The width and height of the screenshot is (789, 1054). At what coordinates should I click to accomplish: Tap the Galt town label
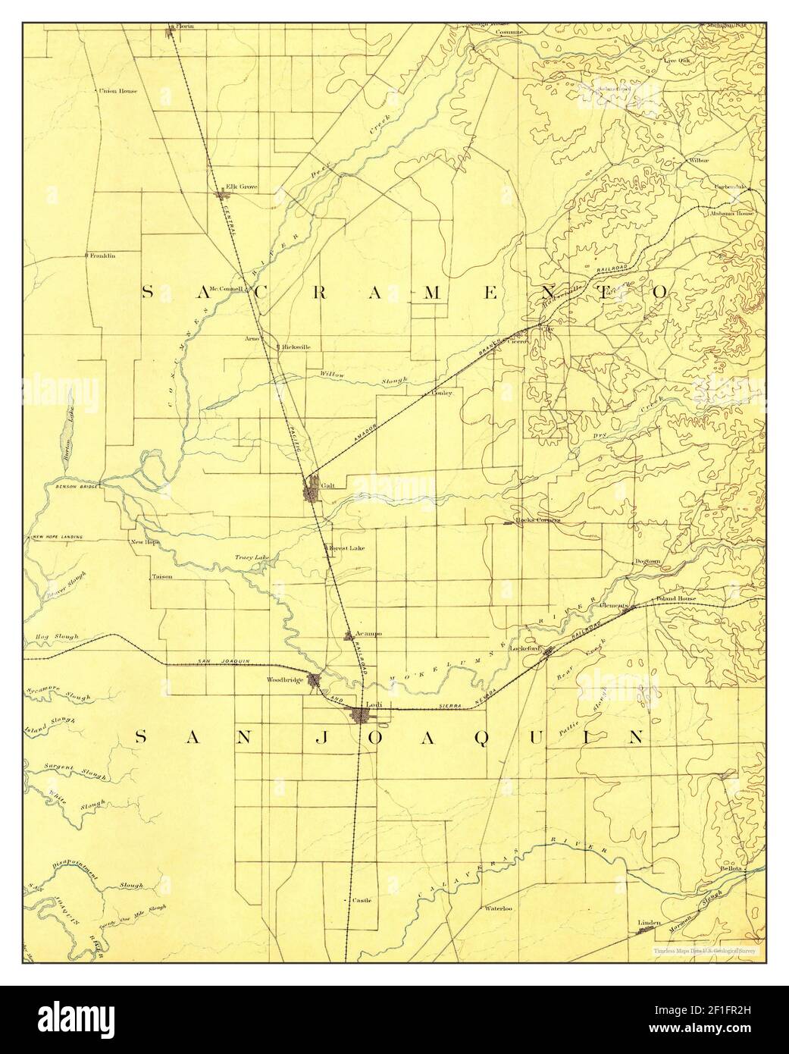click(x=327, y=485)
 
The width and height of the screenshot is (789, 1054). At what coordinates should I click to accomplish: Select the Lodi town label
click(x=372, y=704)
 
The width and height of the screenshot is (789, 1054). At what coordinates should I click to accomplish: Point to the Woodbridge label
click(x=285, y=680)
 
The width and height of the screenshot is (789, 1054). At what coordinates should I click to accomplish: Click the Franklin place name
click(x=102, y=256)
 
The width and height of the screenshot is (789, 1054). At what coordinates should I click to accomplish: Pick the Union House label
click(x=117, y=92)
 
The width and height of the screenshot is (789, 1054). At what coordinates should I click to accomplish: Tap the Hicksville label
click(x=296, y=347)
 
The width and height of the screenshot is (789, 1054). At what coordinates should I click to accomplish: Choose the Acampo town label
click(x=368, y=633)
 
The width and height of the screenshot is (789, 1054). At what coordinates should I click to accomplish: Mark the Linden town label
click(x=650, y=922)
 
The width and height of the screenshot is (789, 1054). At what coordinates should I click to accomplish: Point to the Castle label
click(x=362, y=900)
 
